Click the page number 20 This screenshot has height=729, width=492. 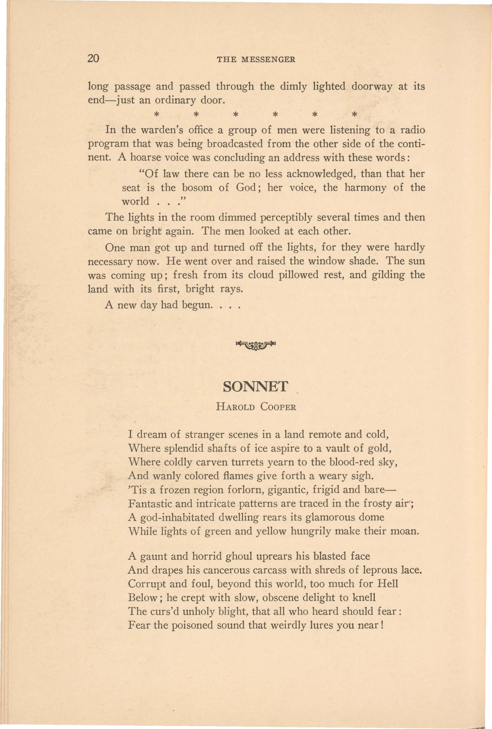(93, 58)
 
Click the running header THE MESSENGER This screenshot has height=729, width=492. (256, 60)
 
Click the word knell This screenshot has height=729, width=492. (364, 597)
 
